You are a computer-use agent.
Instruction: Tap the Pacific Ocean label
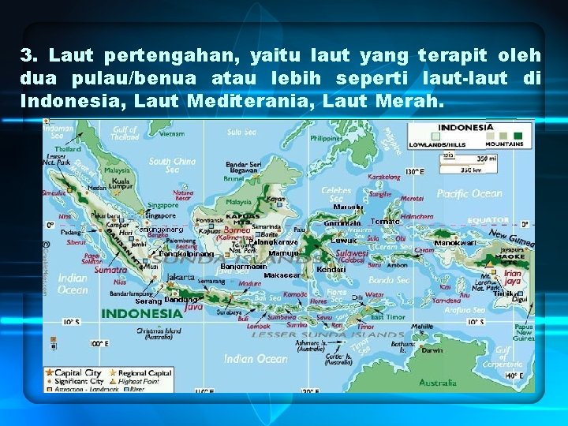point(469,194)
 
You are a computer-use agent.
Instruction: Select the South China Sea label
point(171,166)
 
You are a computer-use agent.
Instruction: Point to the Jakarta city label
point(181,277)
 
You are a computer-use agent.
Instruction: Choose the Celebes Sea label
point(337,194)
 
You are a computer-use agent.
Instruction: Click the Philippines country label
point(326,138)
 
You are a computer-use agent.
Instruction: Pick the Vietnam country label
point(171,134)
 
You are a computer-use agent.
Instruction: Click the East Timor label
point(387,316)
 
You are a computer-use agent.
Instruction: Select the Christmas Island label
point(159,334)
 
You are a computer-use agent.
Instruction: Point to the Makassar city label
point(282,275)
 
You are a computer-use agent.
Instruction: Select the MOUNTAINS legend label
point(505,144)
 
